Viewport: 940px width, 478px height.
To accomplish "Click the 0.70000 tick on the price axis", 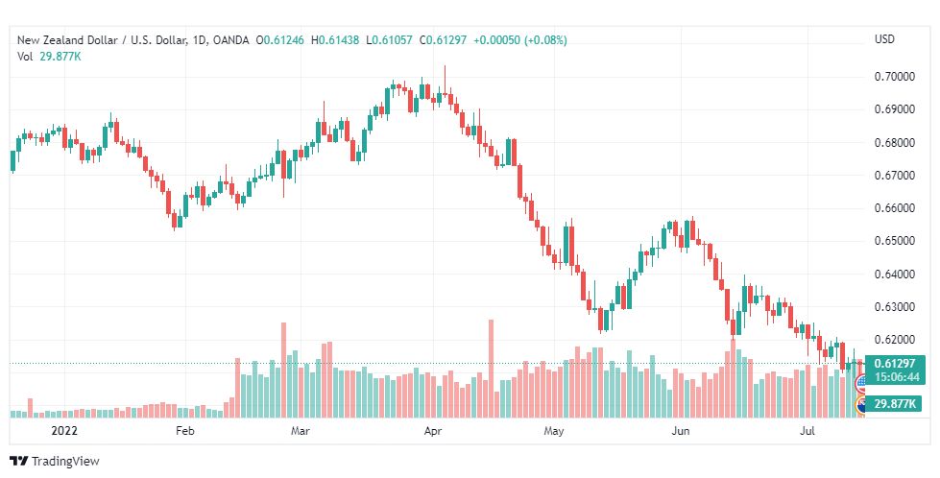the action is (895, 77).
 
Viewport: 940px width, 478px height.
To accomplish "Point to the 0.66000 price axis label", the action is (895, 208).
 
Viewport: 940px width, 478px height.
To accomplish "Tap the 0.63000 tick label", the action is (895, 307).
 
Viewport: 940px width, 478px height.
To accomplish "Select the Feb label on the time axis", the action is (185, 431).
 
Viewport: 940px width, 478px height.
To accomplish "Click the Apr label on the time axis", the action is (433, 431).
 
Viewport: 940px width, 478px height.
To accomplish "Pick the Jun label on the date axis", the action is (681, 431).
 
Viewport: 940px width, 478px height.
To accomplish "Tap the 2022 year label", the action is (64, 431).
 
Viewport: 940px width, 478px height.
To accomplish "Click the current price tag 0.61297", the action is (895, 364).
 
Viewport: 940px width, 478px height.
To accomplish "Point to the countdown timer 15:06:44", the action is (897, 377).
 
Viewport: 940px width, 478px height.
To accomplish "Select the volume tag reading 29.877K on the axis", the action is (895, 404).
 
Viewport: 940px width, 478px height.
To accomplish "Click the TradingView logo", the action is (55, 462).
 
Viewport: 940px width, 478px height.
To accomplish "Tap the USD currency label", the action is (884, 39).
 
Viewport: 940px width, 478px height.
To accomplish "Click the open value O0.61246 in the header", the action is (280, 40).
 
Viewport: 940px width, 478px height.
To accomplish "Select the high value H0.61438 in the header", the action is (335, 40).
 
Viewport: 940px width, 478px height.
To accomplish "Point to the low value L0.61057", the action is (390, 40).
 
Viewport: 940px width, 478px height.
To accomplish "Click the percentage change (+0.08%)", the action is (545, 40).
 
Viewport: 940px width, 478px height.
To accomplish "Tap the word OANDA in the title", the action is (230, 40).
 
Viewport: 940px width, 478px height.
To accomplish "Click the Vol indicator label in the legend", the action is (25, 57).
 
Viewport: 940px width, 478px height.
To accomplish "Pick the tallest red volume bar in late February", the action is (283, 370).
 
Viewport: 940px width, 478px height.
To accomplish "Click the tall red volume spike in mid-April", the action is (491, 369).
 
